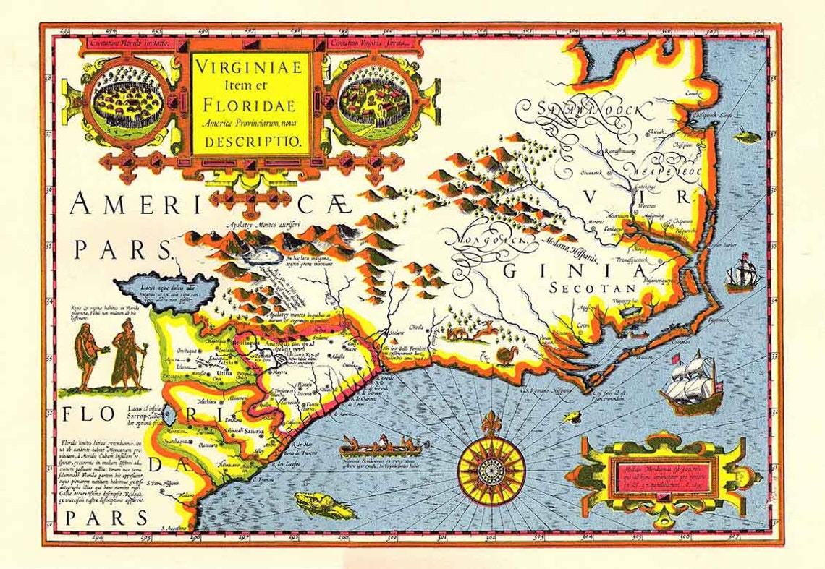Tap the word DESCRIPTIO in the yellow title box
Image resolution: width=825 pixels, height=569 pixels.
point(251,142)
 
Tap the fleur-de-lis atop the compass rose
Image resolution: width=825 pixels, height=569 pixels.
point(492,422)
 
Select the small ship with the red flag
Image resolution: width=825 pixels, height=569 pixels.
point(742,273)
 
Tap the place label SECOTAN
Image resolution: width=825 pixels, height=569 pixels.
point(591,288)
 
